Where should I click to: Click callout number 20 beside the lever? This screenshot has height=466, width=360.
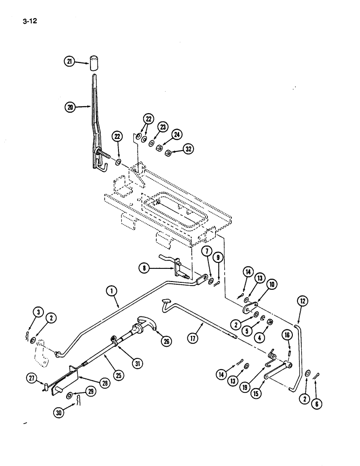tap(70, 107)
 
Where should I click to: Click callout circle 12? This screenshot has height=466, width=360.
tap(302, 302)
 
